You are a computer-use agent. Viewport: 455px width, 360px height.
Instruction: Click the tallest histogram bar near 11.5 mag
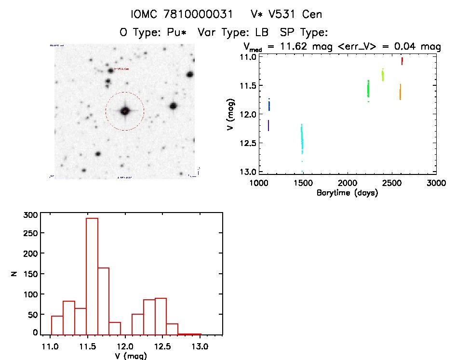[x=92, y=276]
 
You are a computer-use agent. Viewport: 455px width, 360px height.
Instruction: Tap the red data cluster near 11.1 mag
[x=402, y=61]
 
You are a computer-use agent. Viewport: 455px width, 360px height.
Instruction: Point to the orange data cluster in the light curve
[x=400, y=92]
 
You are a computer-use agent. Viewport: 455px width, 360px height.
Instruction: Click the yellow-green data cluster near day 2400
[x=383, y=75]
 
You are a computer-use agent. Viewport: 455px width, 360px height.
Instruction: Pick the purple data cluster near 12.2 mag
[x=268, y=125]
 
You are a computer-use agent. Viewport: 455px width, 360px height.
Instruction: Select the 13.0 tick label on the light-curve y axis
[x=247, y=172]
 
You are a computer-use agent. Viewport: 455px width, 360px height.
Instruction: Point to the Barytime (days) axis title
[x=347, y=193]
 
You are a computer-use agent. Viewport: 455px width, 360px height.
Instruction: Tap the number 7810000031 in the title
[x=197, y=14]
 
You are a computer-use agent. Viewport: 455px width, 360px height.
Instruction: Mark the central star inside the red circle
[x=125, y=111]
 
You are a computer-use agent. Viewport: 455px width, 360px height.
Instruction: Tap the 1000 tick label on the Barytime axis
[x=259, y=183]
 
